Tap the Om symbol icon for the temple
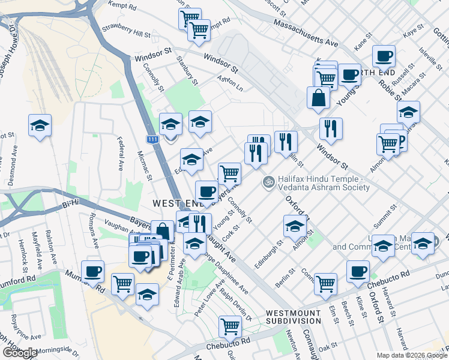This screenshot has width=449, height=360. [268, 181]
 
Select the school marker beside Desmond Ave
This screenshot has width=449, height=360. [40, 125]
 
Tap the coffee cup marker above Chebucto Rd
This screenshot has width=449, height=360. [358, 271]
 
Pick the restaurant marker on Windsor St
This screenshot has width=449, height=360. [330, 128]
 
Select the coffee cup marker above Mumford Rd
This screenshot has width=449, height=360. [92, 271]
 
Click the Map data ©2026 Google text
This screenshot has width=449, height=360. [412, 355]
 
